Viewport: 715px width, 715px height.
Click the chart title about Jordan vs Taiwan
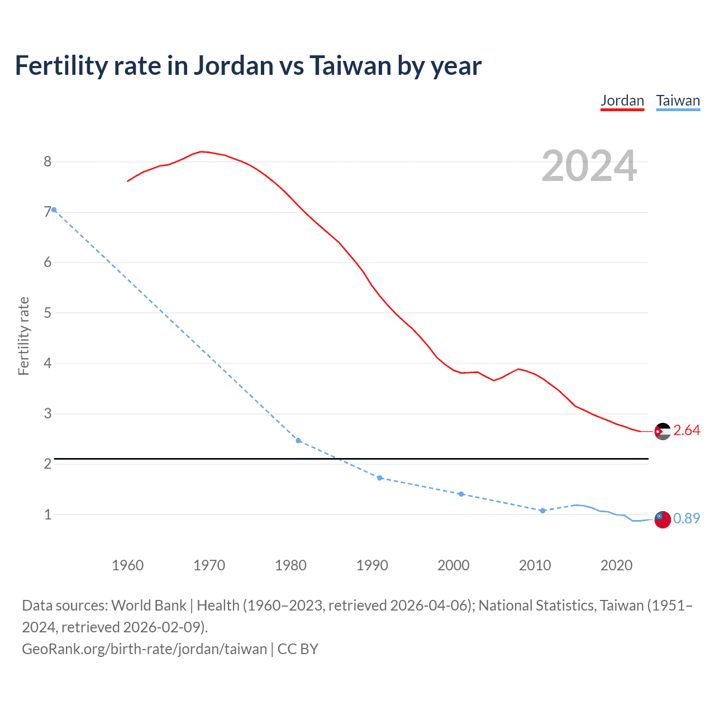248,66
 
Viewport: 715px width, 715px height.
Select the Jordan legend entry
622,101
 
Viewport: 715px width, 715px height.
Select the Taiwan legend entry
678,101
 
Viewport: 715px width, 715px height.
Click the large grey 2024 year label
589,166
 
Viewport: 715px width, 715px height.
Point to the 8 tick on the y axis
47,161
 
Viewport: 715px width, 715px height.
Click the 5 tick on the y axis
47,313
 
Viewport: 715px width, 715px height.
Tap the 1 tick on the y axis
47,514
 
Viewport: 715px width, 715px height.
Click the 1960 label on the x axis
127,565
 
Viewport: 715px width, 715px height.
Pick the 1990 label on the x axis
372,565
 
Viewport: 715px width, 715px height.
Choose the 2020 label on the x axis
616,565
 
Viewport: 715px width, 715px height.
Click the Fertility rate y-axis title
23,336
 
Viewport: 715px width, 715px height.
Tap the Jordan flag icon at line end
662,431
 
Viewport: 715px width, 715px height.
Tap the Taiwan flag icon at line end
662,519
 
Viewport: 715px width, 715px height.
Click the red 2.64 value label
687,430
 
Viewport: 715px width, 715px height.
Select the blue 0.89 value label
687,518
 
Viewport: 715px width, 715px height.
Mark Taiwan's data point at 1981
298,441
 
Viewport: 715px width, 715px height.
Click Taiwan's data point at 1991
380,478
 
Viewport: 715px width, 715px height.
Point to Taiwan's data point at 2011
542,511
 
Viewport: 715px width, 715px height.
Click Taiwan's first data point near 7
54,210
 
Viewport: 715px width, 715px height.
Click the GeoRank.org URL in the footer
144,649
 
